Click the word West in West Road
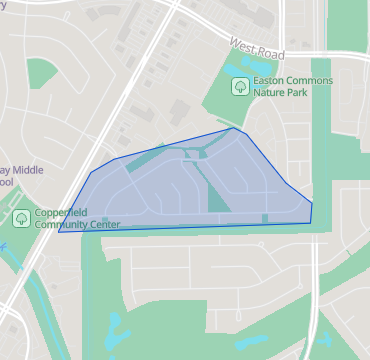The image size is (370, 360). [x=243, y=44]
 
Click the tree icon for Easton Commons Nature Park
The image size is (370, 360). [x=240, y=86]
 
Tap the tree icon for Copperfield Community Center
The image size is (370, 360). [x=21, y=218]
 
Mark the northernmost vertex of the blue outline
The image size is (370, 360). [x=235, y=128]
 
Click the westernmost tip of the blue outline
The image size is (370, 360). [x=58, y=233]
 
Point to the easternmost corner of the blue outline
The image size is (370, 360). [x=312, y=204]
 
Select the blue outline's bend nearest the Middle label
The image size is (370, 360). [x=93, y=172]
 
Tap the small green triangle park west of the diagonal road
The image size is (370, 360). [x=42, y=72]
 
